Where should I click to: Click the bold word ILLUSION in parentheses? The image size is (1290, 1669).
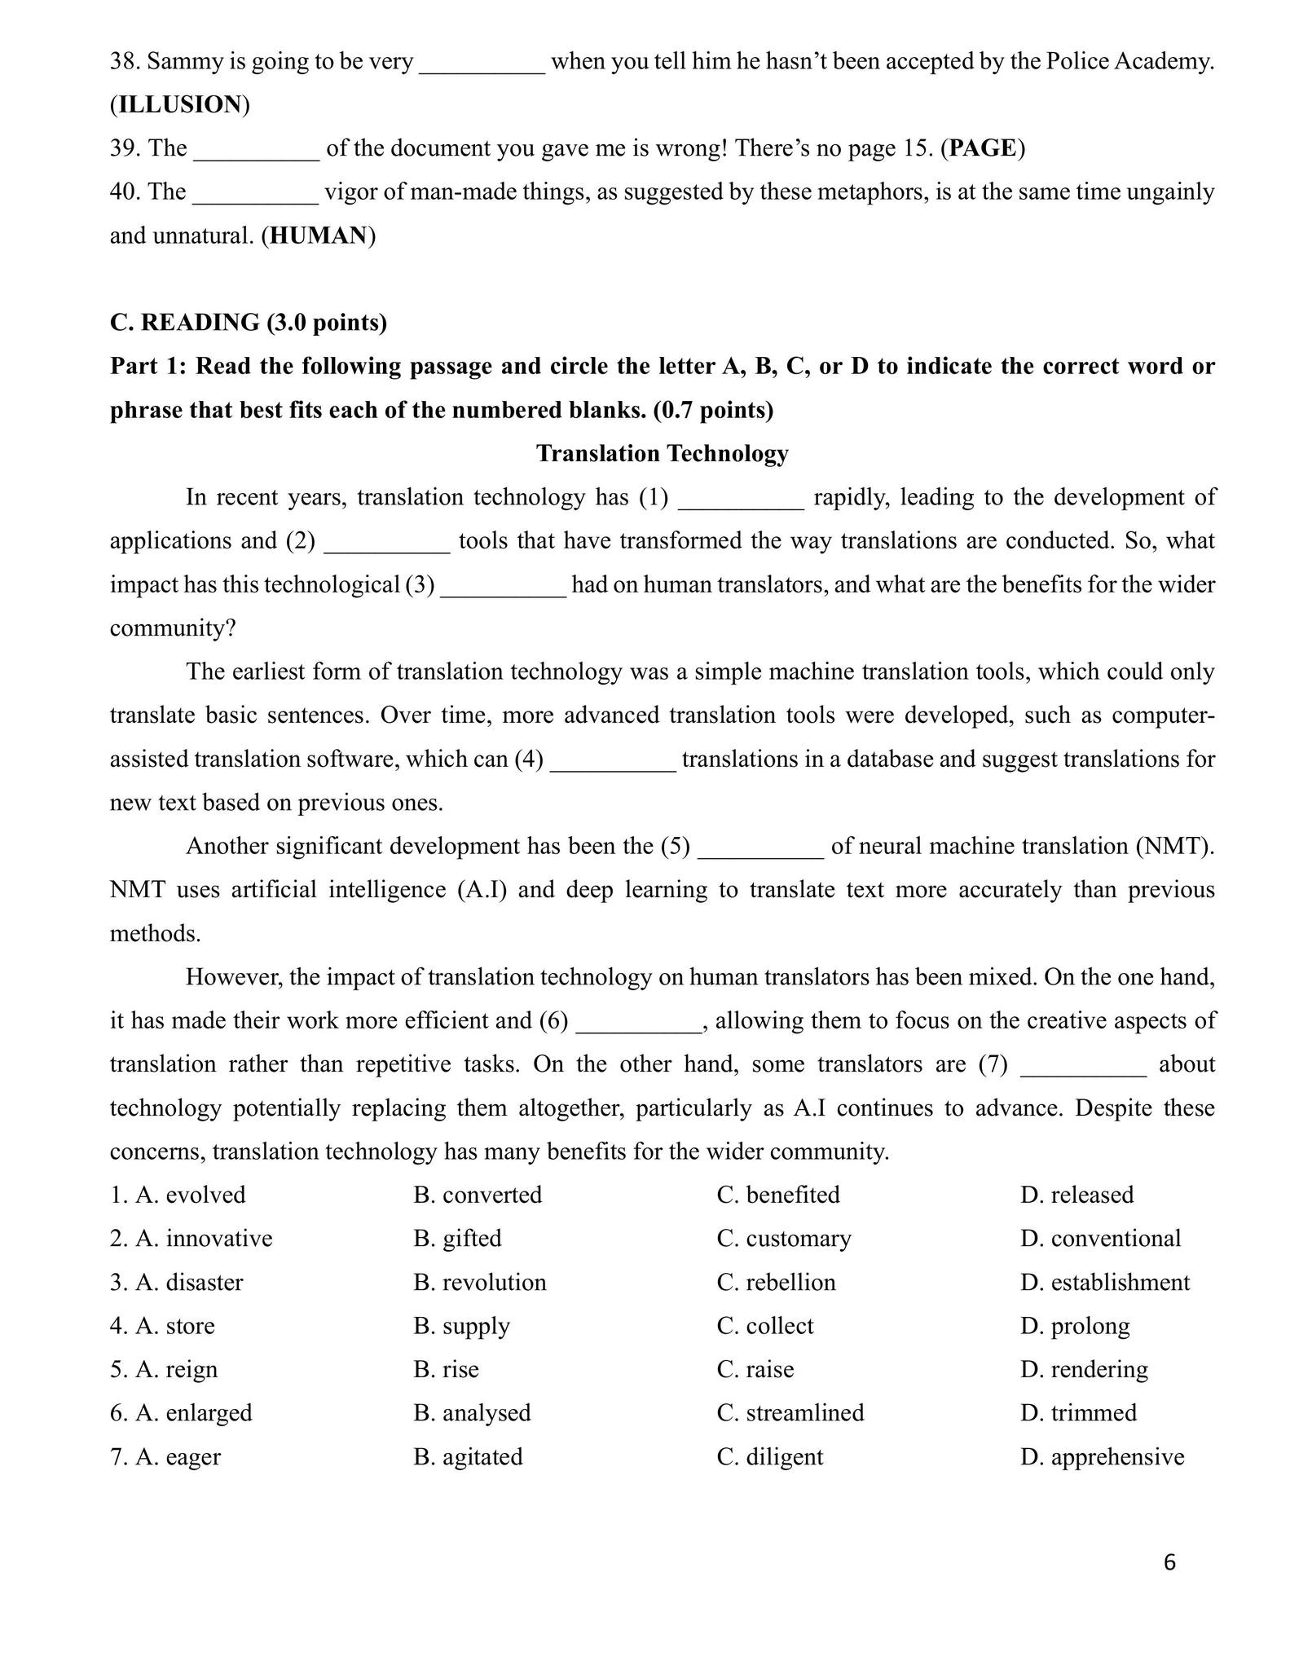(179, 104)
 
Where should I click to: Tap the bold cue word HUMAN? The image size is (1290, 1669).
(318, 236)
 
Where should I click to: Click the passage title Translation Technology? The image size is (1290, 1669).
(662, 453)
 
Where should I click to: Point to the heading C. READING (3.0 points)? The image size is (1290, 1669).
(249, 323)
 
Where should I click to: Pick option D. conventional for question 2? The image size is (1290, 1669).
(1100, 1238)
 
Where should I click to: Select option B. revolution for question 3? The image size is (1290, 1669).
(480, 1282)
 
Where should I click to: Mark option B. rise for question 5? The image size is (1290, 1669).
(447, 1369)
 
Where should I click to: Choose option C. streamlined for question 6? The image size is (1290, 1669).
(790, 1412)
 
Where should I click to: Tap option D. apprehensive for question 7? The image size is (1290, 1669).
(1102, 1456)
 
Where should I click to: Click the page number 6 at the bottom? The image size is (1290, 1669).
(1169, 1561)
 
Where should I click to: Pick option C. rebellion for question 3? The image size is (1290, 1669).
(777, 1282)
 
